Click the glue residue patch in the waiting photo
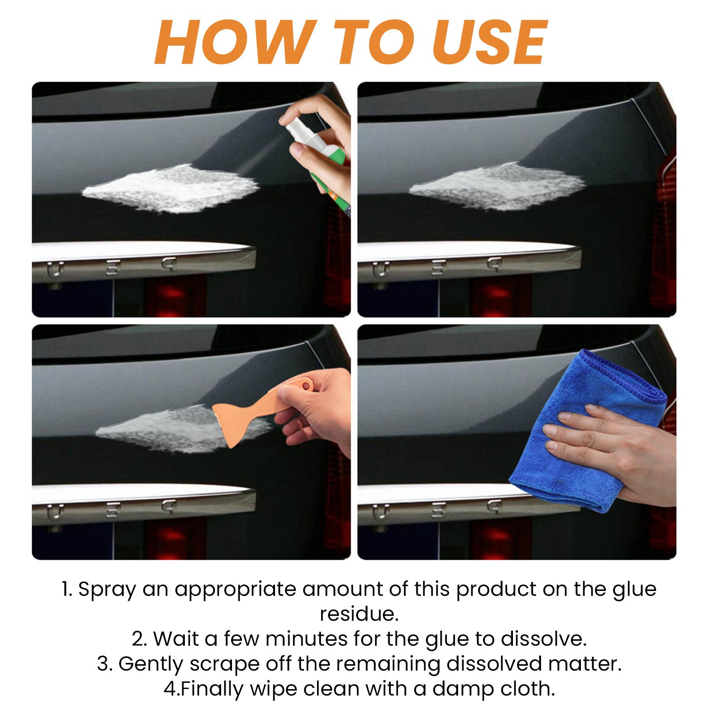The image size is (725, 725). (x=497, y=186)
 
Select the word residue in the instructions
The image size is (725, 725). (x=359, y=614)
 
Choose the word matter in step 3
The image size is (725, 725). (x=584, y=664)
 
